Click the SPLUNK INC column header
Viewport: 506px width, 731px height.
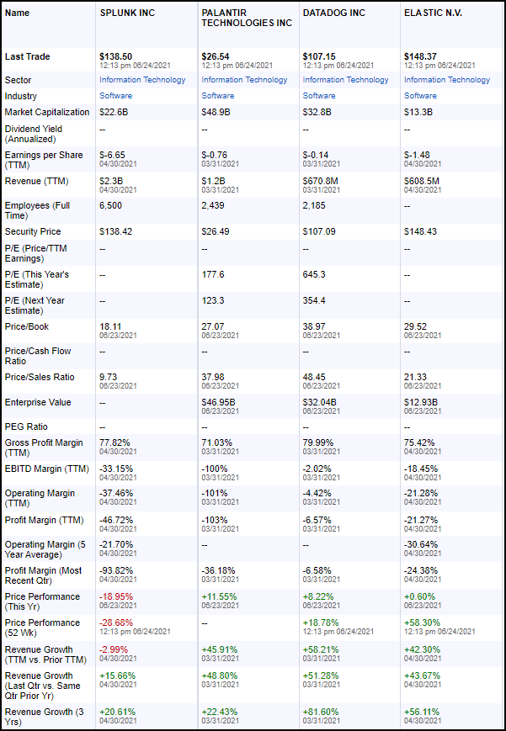pos(126,13)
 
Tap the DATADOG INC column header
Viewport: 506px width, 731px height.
pos(334,13)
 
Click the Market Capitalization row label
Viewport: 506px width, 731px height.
pos(46,112)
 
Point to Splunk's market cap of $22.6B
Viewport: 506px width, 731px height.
pos(113,112)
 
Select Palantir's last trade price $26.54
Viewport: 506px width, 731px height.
pos(216,56)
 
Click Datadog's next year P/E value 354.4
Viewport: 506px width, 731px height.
pos(315,300)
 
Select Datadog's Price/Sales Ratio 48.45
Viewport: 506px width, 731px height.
pos(316,377)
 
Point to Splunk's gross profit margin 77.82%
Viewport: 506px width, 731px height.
pos(115,442)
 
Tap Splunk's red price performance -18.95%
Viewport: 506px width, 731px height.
pos(116,596)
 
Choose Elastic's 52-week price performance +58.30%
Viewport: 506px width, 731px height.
pos(422,622)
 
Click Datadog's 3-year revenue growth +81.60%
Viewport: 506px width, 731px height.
pos(321,712)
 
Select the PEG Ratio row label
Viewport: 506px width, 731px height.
pos(26,426)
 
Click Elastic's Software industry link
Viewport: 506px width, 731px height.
pos(420,96)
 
